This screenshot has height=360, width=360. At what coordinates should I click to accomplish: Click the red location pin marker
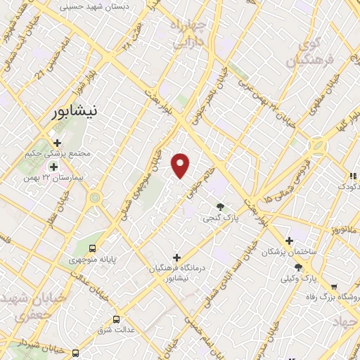[181, 166]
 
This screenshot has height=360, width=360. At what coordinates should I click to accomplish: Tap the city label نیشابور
[78, 112]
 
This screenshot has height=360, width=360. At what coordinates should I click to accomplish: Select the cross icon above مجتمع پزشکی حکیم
[58, 143]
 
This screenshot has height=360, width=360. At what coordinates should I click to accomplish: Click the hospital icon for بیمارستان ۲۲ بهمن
[53, 167]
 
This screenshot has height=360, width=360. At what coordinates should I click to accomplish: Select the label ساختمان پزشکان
[289, 252]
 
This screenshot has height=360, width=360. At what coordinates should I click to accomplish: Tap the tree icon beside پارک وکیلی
[298, 267]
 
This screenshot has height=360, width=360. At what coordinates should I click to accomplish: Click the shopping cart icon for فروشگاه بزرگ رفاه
[333, 286]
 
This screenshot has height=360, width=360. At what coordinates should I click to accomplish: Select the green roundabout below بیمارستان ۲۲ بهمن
[95, 198]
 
